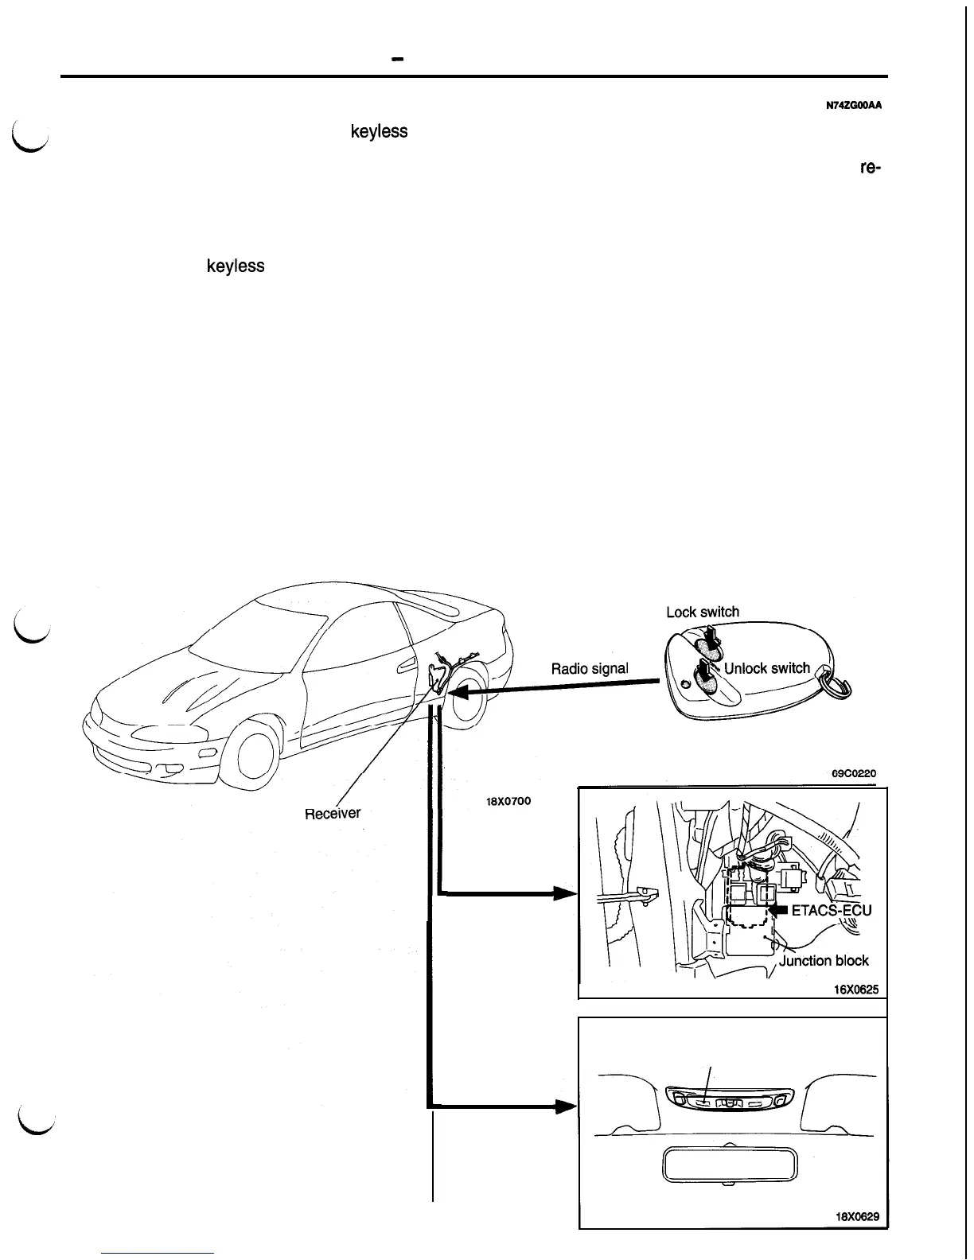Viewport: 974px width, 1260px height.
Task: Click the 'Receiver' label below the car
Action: click(x=333, y=814)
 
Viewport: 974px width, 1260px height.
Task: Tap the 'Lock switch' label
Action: click(x=702, y=612)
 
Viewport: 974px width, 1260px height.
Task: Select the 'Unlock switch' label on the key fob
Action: click(x=767, y=668)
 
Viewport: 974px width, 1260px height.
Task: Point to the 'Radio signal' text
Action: click(x=590, y=668)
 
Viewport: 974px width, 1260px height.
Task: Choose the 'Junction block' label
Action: click(x=824, y=960)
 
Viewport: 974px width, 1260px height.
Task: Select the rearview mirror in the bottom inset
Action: click(x=723, y=1166)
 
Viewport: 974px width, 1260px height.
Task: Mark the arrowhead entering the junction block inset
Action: click(x=565, y=893)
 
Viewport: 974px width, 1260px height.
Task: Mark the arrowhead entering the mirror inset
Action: click(x=565, y=1106)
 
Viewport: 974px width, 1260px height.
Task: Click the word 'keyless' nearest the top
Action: click(x=379, y=131)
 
